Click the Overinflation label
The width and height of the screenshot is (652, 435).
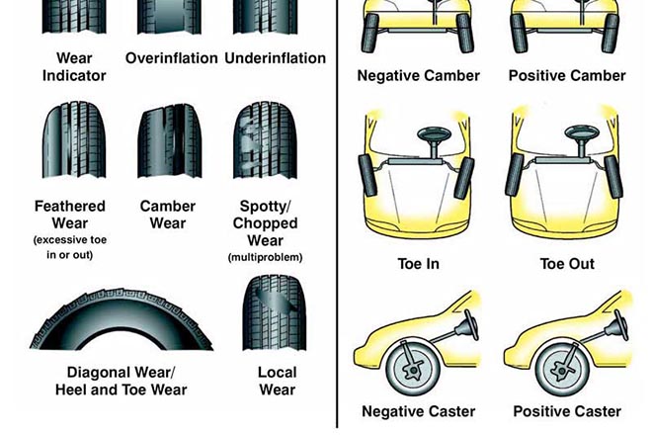171,58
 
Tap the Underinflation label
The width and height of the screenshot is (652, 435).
276,58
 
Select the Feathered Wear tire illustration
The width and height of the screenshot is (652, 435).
74,140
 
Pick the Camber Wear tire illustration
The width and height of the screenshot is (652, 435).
170,140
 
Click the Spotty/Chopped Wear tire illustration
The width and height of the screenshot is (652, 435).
266,140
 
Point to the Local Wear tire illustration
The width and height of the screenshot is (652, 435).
275,312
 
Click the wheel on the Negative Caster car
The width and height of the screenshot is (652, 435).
412,369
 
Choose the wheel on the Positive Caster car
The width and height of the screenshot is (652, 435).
561,370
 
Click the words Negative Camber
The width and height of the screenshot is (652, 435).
418,75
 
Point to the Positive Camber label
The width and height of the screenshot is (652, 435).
567,75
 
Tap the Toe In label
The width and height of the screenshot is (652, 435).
418,264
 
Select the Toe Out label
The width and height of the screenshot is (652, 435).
567,264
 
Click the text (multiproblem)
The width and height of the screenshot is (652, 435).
266,257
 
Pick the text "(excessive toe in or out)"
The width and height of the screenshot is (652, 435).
70,247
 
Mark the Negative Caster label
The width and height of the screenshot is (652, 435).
418,411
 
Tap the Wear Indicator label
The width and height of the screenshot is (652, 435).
74,66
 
